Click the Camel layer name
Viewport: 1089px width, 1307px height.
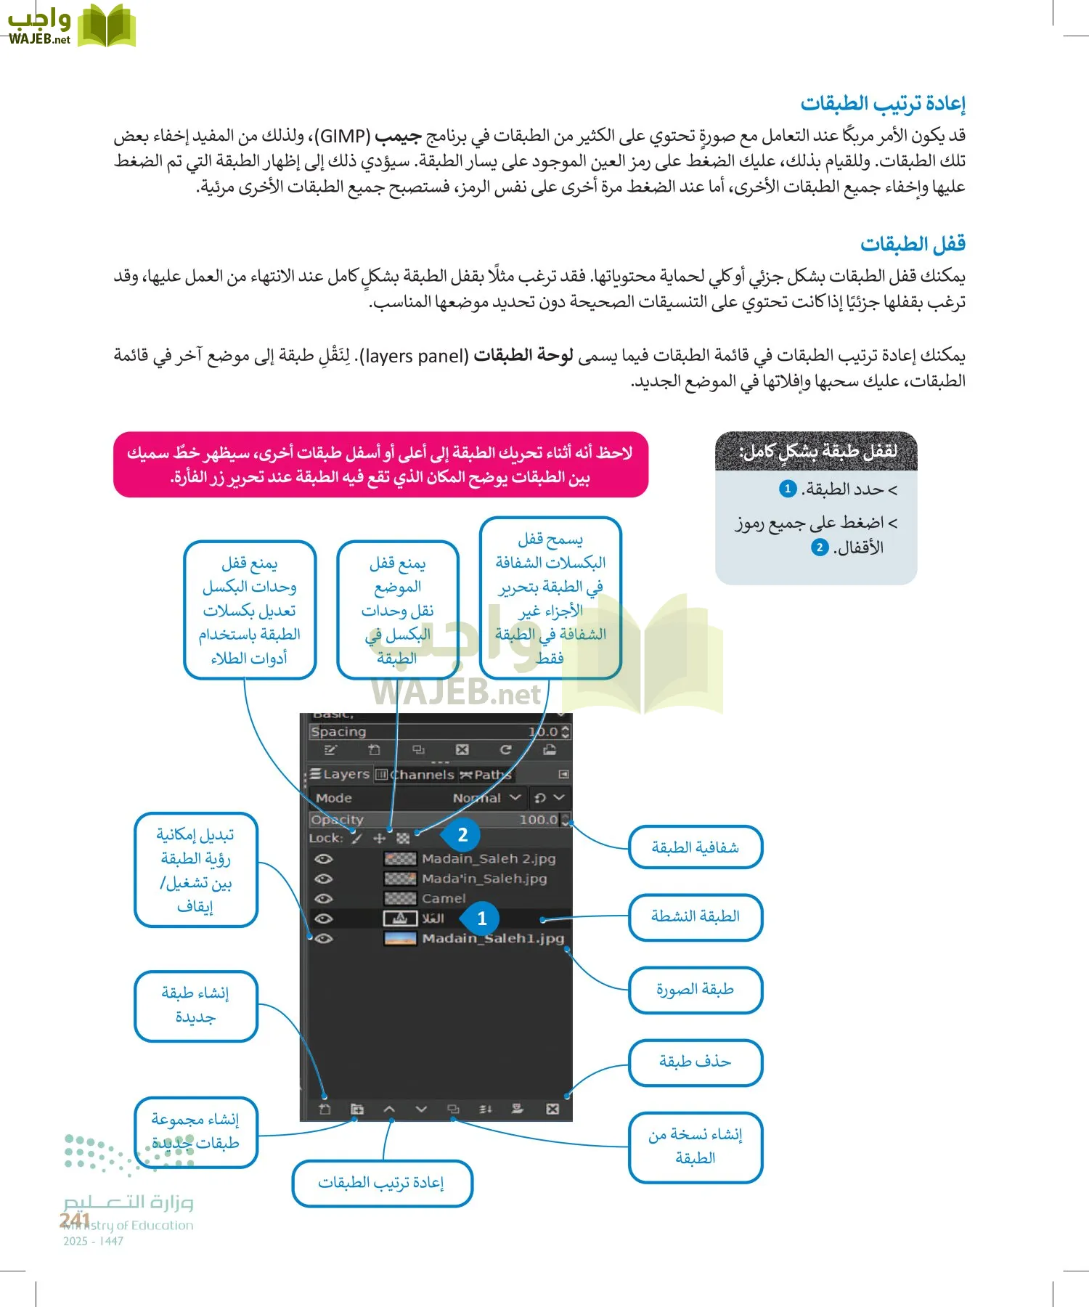tap(444, 899)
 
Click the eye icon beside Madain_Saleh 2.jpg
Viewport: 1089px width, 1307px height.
tap(324, 859)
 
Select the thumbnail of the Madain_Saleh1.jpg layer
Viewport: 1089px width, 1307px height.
tap(400, 938)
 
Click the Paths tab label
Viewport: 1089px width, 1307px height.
tap(492, 775)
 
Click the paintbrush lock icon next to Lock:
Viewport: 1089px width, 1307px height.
tap(356, 838)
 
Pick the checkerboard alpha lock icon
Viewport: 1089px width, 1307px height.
tap(403, 838)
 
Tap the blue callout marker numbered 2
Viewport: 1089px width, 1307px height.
tap(462, 835)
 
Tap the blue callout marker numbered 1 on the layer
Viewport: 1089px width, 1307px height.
tap(481, 919)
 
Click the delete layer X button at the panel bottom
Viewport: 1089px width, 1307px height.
tap(552, 1109)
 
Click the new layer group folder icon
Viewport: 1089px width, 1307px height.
tap(356, 1109)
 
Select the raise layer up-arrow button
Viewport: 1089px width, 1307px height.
tap(389, 1109)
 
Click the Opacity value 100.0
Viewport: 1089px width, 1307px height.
tap(538, 820)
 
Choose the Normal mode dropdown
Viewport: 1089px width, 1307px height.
tap(486, 798)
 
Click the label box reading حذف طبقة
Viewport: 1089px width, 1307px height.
tap(695, 1062)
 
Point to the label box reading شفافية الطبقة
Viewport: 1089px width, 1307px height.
tap(695, 847)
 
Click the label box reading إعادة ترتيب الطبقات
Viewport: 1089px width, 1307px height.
tap(381, 1183)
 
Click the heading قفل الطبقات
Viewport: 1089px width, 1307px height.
tap(913, 244)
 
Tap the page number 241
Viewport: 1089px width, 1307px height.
tap(75, 1220)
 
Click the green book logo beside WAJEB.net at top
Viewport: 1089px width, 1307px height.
tap(107, 25)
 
